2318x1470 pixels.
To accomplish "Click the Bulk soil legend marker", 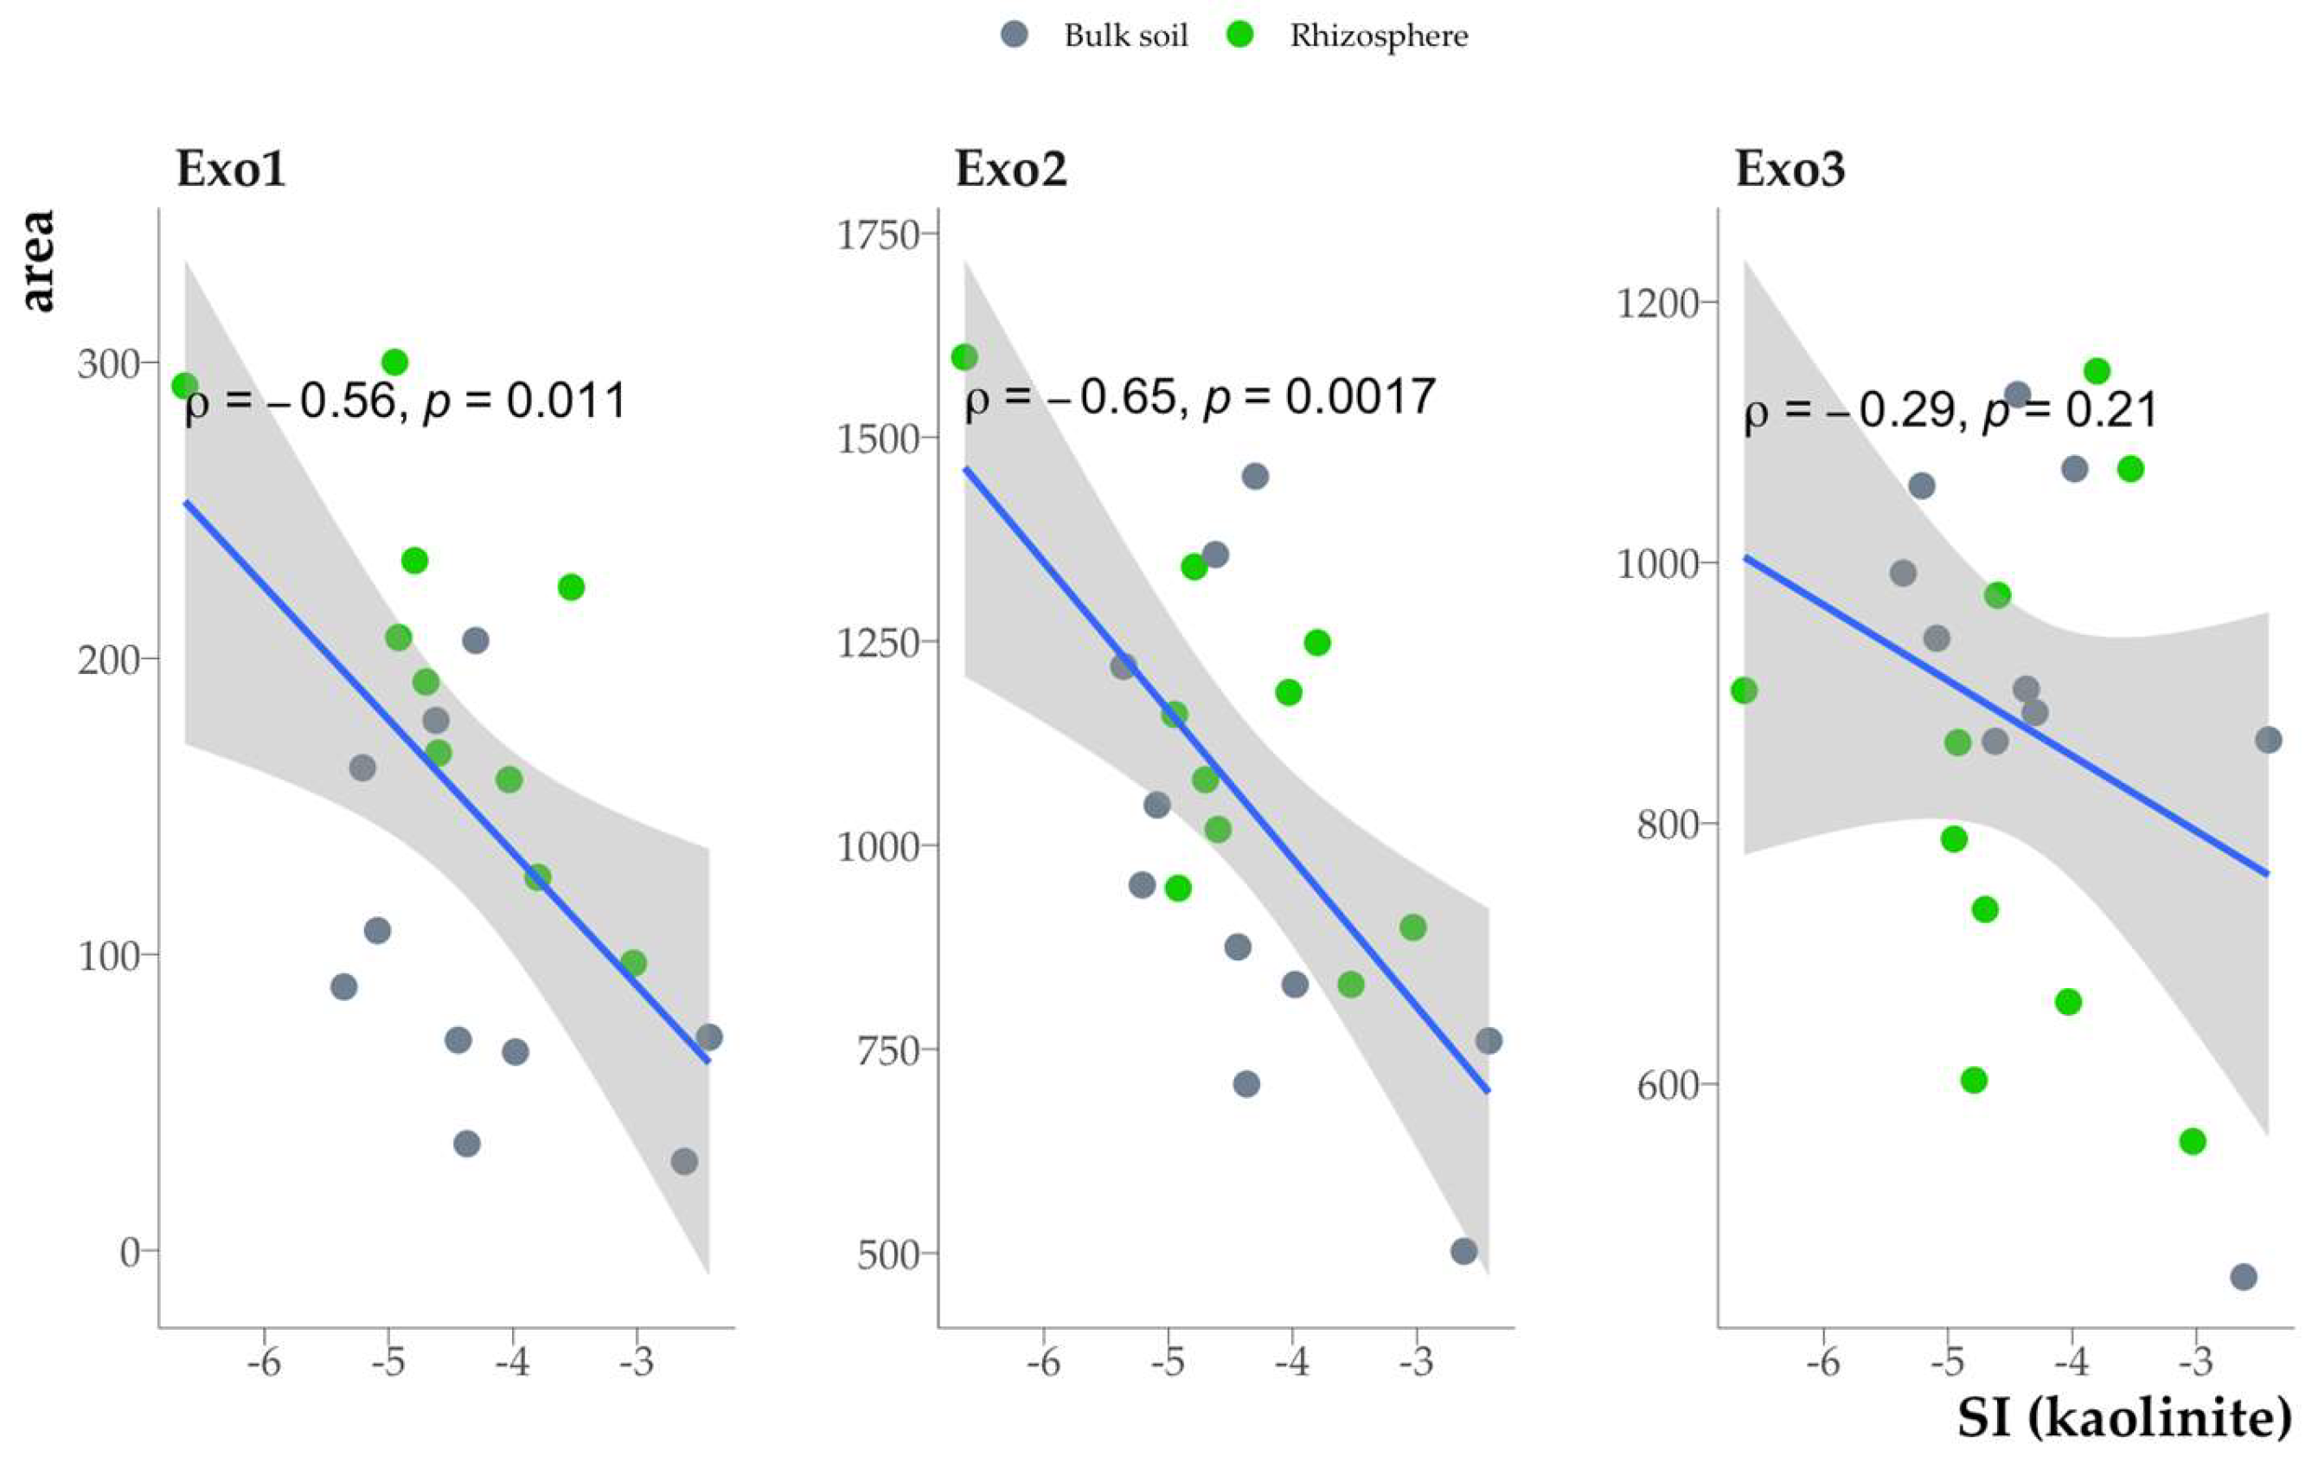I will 1015,35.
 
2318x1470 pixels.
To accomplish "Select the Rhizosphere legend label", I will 1379,36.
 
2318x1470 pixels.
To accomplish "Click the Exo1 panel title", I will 231,170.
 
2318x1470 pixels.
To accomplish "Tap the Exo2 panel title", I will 1011,170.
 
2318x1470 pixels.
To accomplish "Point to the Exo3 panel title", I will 1790,170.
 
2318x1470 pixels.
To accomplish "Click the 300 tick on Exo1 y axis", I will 109,365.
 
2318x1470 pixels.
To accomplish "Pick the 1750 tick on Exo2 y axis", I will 879,234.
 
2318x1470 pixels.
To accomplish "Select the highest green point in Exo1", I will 394,362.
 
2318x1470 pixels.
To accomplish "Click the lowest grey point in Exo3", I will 2244,1277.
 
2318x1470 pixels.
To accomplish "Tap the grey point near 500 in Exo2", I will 1463,1251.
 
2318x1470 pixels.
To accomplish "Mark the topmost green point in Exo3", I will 2097,370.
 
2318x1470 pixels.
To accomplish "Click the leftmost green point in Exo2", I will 964,357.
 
